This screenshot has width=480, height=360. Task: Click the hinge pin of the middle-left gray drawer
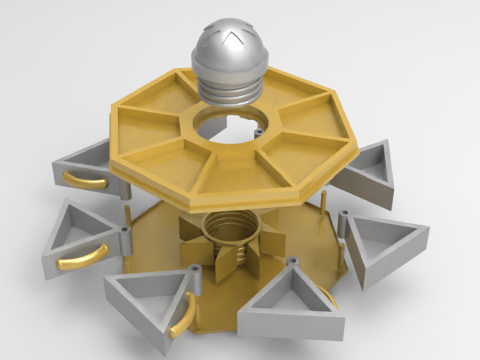pyautogui.click(x=123, y=232)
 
